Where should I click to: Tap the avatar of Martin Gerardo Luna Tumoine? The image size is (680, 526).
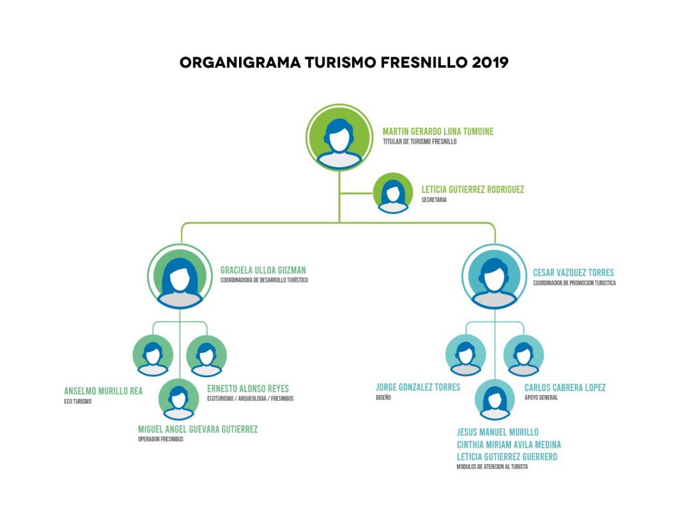point(339,137)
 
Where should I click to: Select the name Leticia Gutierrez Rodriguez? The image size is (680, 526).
point(472,190)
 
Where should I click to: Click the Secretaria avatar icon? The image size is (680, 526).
point(392,193)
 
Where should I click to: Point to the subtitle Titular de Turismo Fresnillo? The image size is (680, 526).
point(420,142)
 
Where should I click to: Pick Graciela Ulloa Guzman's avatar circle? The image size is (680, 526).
point(179,277)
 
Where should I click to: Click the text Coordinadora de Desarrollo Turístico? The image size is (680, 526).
point(264,281)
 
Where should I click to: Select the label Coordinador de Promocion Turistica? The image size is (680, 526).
point(574,283)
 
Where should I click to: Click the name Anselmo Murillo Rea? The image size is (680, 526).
point(103,391)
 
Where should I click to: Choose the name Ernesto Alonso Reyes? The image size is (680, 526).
point(248,388)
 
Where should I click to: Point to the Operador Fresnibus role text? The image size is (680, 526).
point(160,439)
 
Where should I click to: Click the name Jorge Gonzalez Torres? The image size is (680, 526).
point(418,387)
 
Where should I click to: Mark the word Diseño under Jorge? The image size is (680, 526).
point(383,398)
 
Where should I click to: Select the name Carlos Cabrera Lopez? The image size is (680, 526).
point(564,388)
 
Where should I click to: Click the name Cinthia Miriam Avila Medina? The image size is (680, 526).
point(509,444)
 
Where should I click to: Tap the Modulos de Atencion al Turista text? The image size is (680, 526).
point(491,467)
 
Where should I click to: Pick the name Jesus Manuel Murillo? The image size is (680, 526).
point(497,432)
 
